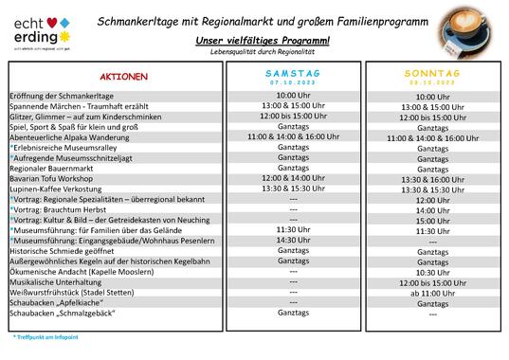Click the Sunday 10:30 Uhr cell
point(432,272)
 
